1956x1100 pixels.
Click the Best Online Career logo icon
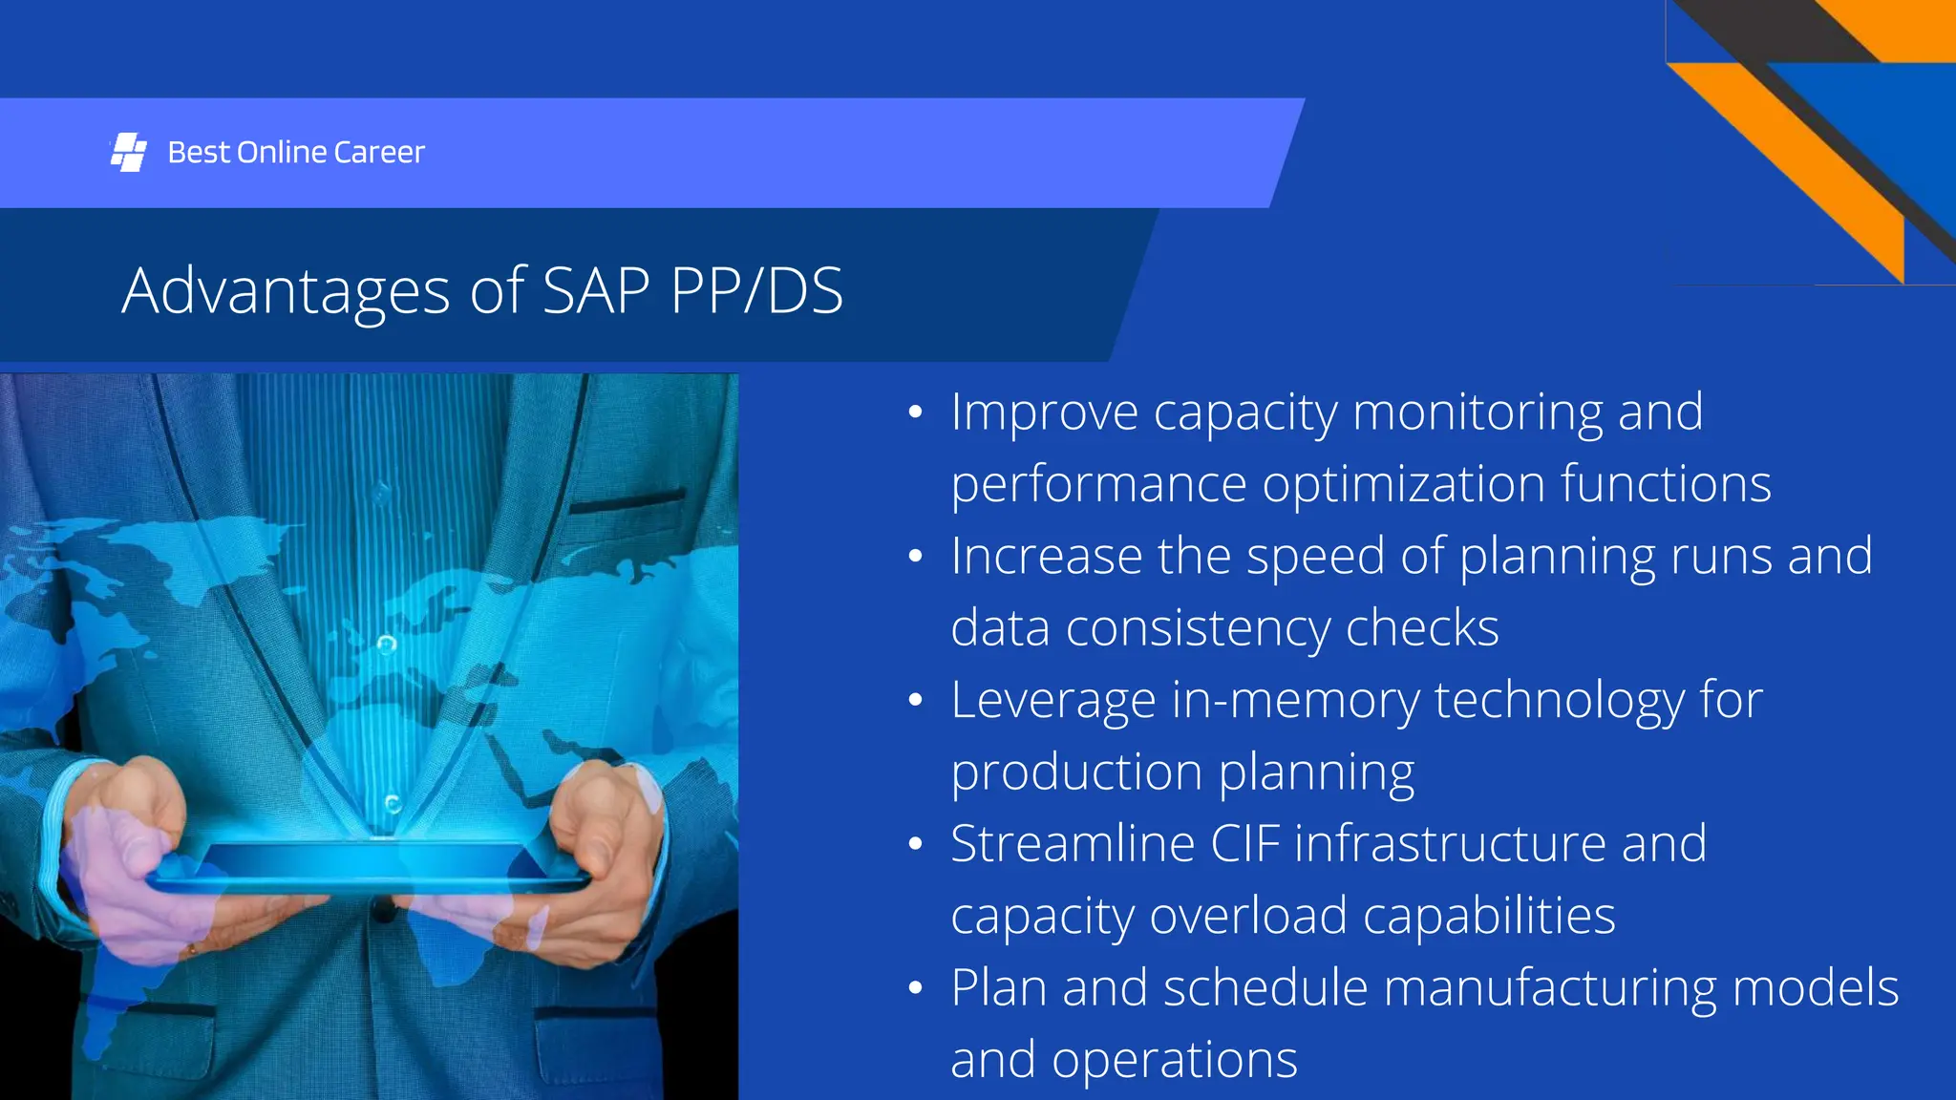[128, 153]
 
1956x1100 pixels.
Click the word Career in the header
[379, 153]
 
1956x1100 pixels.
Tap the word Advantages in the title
[286, 291]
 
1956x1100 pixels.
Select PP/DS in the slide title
[756, 291]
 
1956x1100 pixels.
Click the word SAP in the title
[597, 291]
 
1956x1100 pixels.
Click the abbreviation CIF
[1244, 844]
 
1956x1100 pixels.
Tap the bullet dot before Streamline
[915, 844]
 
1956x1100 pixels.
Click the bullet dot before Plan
[915, 988]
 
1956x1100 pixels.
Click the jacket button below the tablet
[384, 911]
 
